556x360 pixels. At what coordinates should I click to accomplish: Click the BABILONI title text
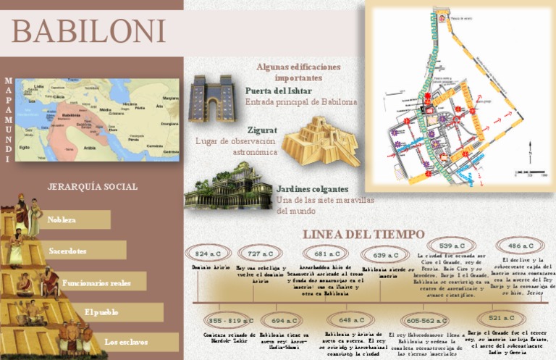pos(88,30)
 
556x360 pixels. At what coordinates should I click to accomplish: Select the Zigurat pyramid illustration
pos(320,141)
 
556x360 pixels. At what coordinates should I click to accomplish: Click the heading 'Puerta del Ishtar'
pos(279,91)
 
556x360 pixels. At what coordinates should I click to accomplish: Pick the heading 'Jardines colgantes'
pos(312,188)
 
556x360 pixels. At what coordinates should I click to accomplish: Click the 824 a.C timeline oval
pos(208,254)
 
